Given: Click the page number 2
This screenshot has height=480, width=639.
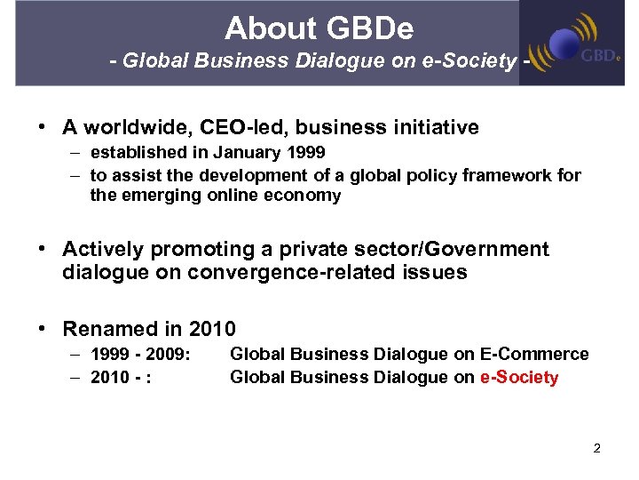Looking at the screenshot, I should (x=597, y=448).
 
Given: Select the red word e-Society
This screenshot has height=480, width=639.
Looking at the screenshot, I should (x=519, y=378).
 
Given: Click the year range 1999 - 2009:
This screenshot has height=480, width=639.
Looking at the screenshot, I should (x=140, y=355).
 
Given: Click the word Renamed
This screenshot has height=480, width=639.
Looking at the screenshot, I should (x=106, y=329).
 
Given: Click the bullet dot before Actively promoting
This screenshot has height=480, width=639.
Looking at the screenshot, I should (x=43, y=250).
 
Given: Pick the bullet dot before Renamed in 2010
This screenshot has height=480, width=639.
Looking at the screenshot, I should (x=43, y=329).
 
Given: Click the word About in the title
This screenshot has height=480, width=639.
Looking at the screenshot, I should (x=264, y=28).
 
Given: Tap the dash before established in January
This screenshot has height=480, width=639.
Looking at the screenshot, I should (x=75, y=153).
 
